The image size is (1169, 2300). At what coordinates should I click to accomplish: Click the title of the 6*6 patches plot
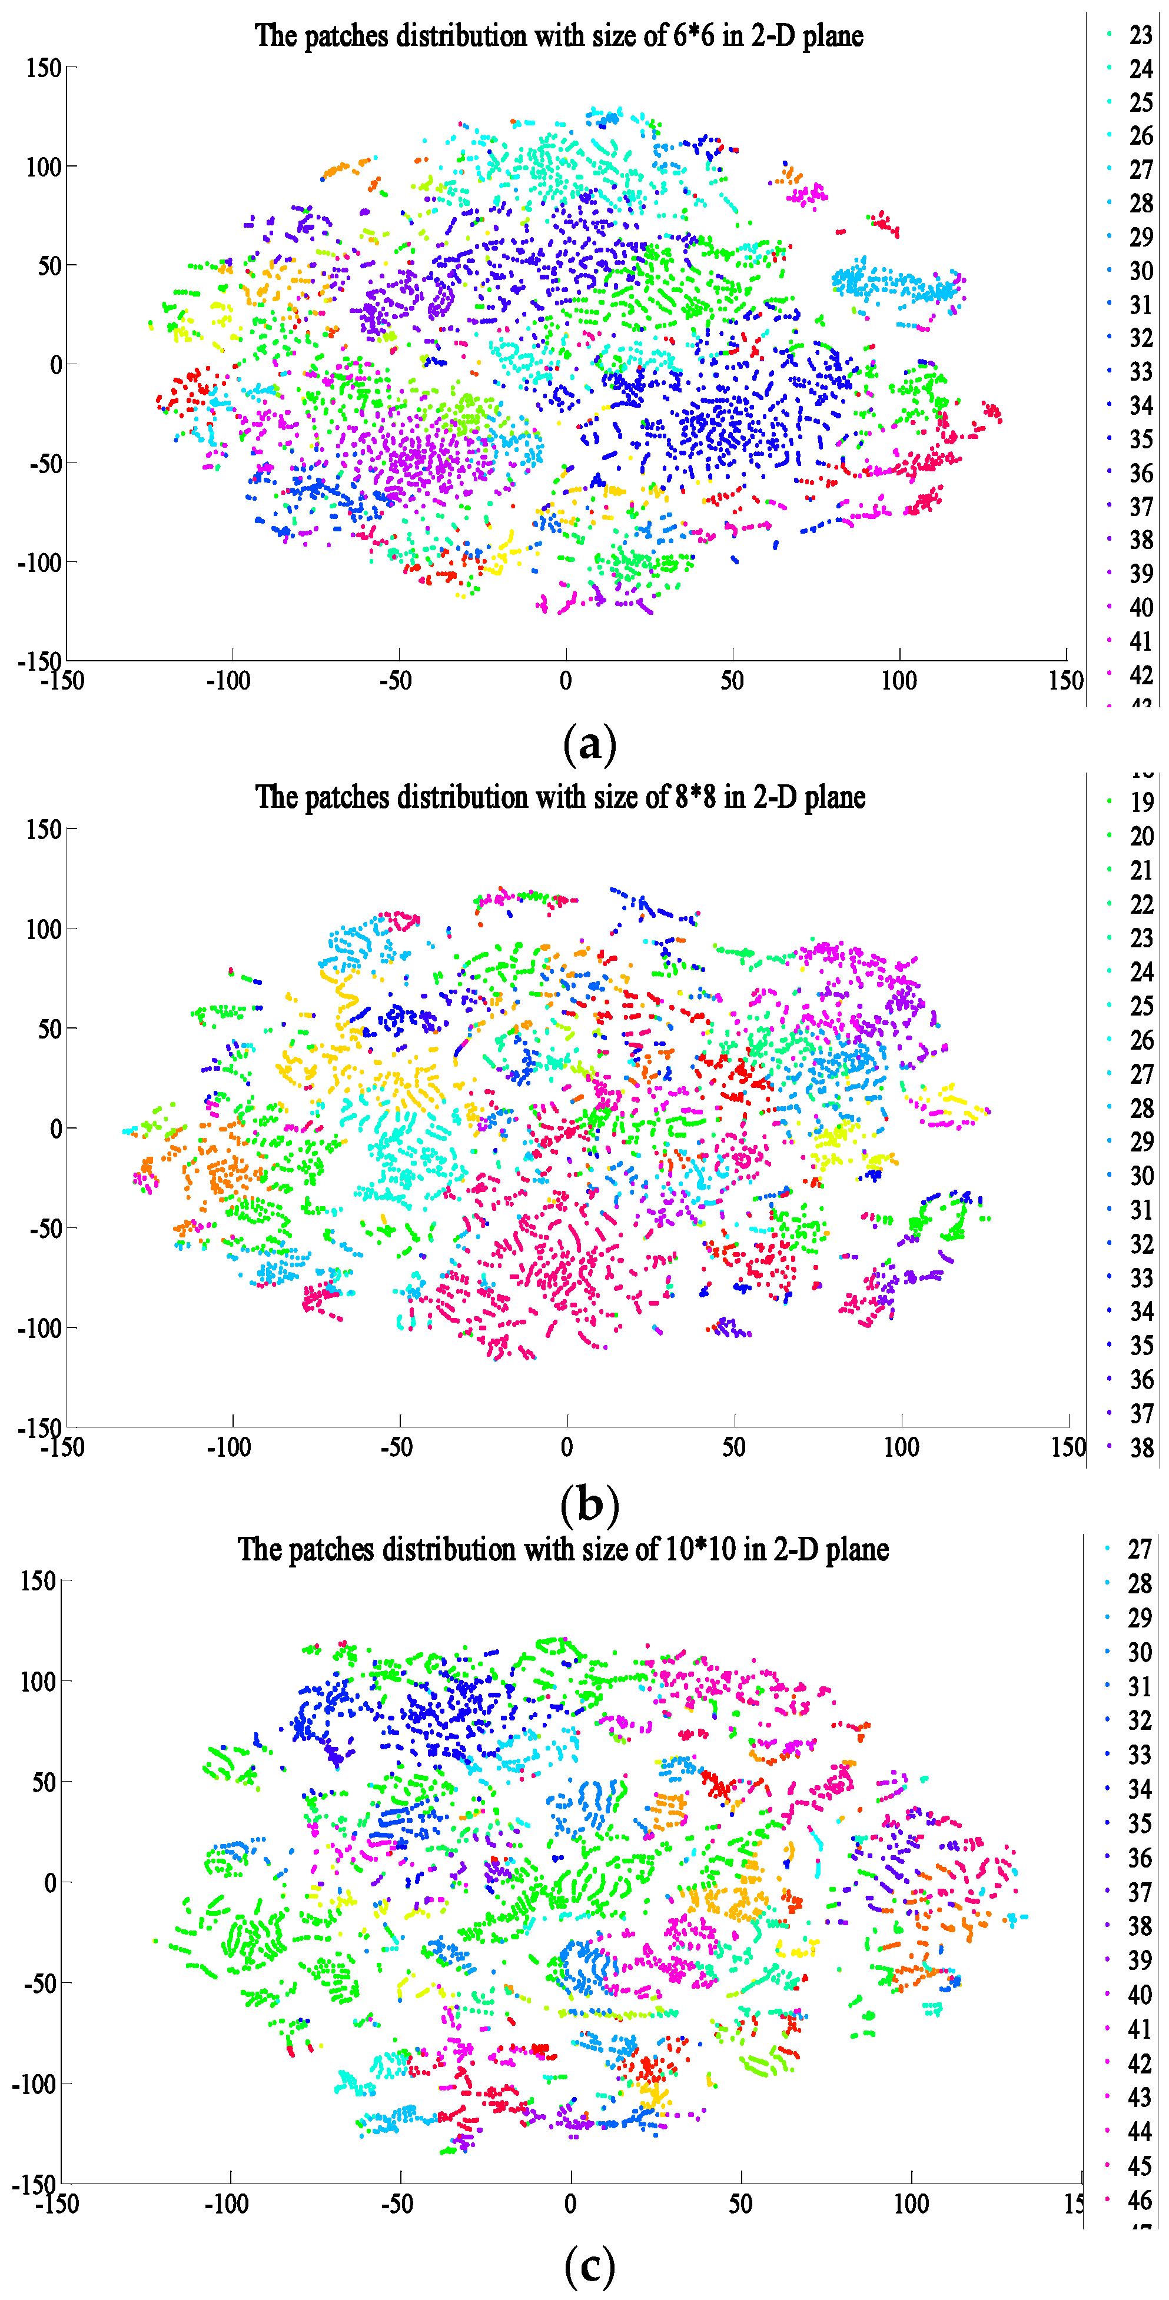point(559,36)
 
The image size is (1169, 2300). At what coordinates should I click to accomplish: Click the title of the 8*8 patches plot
point(560,797)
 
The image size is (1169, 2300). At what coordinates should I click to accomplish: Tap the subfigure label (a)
point(589,744)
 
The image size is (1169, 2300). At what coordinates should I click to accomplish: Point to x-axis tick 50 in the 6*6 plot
point(732,681)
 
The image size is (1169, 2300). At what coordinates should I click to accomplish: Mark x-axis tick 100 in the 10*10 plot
point(911,2205)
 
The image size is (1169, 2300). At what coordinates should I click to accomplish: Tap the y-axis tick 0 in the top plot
point(55,364)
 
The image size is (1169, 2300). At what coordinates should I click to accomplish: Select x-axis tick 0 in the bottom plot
point(570,2205)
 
